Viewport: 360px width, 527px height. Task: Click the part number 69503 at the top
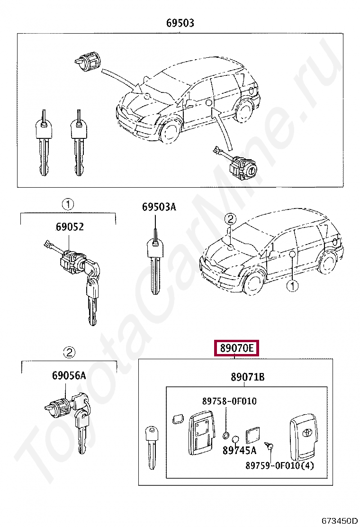pyautogui.click(x=180, y=23)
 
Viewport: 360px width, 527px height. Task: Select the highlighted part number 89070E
pyautogui.click(x=236, y=349)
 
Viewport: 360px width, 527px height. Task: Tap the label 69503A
pyautogui.click(x=159, y=207)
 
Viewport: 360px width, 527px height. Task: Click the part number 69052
pyautogui.click(x=70, y=227)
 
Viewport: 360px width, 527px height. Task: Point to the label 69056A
pyautogui.click(x=69, y=376)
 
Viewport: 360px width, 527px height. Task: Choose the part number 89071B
pyautogui.click(x=248, y=377)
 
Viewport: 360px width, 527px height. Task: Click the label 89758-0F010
pyautogui.click(x=229, y=401)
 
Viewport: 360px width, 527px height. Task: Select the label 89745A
pyautogui.click(x=240, y=450)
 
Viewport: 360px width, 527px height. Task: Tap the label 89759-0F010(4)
pyautogui.click(x=279, y=465)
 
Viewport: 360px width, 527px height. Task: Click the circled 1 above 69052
pyautogui.click(x=68, y=205)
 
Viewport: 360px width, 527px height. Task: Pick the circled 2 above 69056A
pyautogui.click(x=69, y=353)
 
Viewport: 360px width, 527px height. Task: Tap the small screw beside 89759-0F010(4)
pyautogui.click(x=270, y=446)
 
